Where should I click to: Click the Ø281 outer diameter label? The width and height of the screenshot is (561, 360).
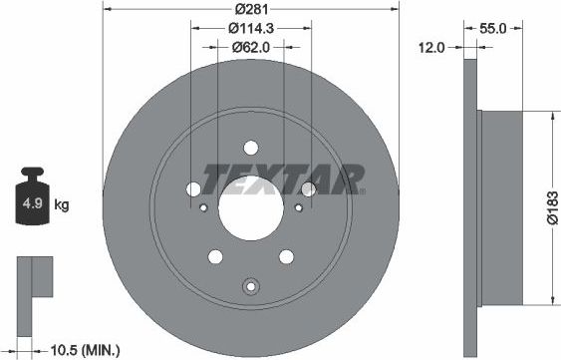pyautogui.click(x=250, y=11)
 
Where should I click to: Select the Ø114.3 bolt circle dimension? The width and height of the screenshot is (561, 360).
pyautogui.click(x=250, y=28)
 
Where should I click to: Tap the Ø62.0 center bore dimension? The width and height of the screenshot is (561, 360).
pyautogui.click(x=250, y=46)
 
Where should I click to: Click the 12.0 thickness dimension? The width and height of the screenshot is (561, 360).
pyautogui.click(x=430, y=46)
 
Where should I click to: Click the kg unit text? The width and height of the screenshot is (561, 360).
pyautogui.click(x=62, y=205)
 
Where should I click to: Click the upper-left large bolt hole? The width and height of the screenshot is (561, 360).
pyautogui.click(x=192, y=188)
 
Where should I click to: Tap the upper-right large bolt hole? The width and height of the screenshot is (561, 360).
pyautogui.click(x=309, y=188)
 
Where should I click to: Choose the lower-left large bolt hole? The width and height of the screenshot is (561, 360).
pyautogui.click(x=214, y=256)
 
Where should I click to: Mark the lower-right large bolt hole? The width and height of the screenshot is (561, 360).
pyautogui.click(x=287, y=256)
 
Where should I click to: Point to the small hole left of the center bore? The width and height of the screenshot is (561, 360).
pyautogui.click(x=203, y=208)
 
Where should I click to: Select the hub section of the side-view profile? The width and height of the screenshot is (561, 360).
pyautogui.click(x=513, y=207)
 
